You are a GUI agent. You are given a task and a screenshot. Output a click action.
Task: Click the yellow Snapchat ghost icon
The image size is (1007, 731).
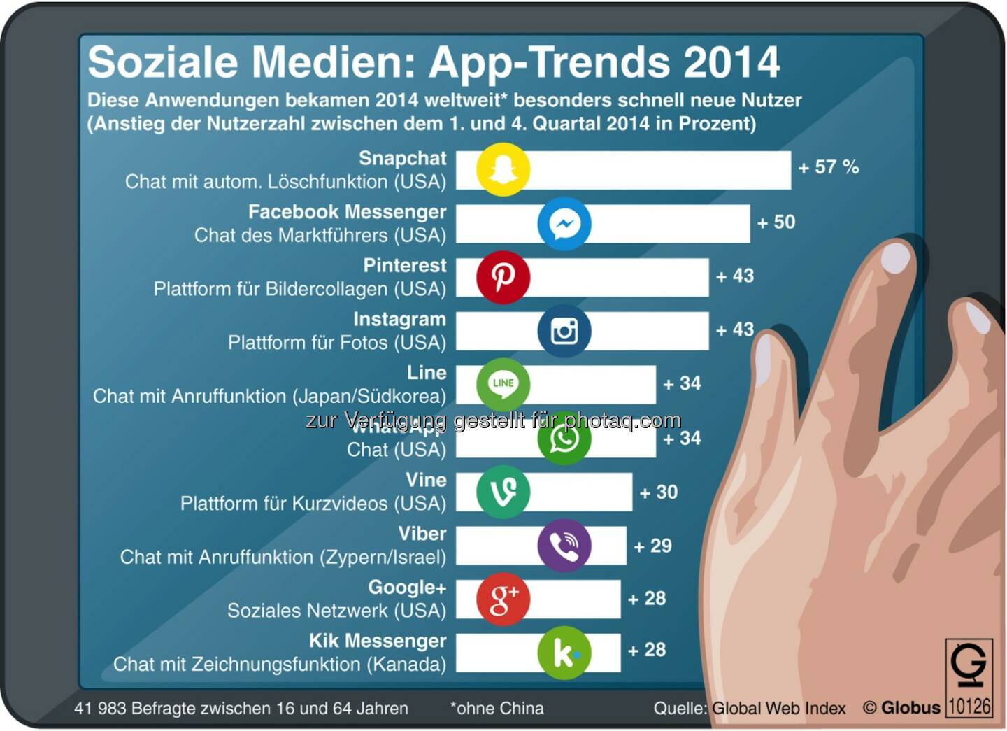pos(503,170)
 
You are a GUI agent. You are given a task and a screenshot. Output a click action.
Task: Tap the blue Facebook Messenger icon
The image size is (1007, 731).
pos(564,224)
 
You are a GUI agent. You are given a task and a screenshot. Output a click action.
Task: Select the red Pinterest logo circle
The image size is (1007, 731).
pos(503,277)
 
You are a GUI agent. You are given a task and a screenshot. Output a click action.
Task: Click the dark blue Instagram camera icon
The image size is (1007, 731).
pos(564,331)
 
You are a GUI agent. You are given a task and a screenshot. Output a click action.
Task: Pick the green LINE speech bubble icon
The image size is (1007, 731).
pos(503,384)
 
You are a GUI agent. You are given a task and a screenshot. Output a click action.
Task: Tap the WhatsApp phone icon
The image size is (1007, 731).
pos(564,439)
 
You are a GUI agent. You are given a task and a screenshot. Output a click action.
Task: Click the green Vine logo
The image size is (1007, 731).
pos(503,492)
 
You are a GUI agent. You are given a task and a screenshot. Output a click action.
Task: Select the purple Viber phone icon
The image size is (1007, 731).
pos(564,546)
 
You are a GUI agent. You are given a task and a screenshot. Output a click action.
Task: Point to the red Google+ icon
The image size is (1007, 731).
pos(503,599)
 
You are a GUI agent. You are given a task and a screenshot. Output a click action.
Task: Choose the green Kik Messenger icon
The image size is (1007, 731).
pos(564,653)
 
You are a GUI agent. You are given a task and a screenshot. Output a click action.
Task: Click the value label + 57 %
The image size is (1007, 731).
pos(828,167)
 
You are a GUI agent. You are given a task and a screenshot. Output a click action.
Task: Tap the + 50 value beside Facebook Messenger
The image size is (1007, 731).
pos(776,222)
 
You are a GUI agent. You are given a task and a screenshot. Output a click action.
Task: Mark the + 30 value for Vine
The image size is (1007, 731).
pos(658,492)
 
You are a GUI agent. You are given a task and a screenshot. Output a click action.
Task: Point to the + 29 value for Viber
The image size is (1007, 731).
pos(652,546)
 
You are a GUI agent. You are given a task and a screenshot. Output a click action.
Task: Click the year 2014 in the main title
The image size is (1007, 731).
pos(731,62)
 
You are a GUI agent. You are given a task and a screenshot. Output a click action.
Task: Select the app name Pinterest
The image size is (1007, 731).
pos(404,266)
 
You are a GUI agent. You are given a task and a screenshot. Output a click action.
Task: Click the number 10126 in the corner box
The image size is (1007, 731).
pos(969,706)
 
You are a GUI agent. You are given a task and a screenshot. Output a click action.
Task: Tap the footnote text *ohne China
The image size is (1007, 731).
pos(497,709)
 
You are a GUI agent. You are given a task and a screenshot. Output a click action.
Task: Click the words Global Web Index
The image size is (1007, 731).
pos(778,709)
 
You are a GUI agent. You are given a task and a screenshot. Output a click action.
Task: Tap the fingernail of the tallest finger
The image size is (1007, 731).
pos(897,258)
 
